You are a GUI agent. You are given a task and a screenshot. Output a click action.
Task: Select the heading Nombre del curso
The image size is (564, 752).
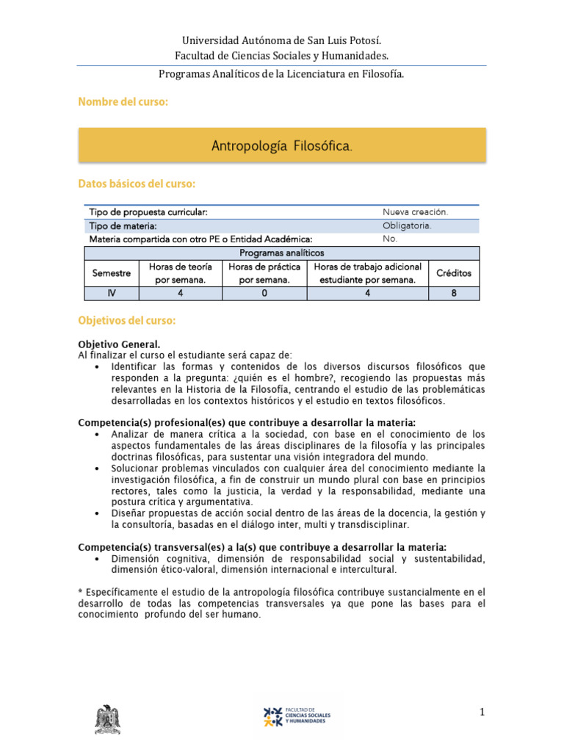(123, 102)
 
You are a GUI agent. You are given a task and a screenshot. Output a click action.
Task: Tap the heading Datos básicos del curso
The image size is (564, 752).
(137, 183)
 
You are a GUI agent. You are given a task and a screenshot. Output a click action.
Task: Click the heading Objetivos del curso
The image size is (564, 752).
(126, 321)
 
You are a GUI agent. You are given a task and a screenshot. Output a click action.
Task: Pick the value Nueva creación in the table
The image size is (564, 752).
(415, 212)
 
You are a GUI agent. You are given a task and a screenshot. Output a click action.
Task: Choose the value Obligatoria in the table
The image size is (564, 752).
(407, 225)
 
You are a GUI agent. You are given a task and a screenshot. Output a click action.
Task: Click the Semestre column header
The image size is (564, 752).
(112, 273)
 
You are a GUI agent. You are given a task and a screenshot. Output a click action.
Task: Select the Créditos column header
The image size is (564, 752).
(454, 273)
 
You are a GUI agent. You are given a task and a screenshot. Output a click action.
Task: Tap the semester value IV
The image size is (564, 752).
(112, 293)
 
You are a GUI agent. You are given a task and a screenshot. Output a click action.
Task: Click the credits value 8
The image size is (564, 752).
(454, 293)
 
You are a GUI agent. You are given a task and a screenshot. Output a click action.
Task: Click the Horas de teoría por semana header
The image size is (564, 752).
(180, 273)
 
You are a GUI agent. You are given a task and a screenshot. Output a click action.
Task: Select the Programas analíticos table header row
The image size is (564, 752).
(282, 253)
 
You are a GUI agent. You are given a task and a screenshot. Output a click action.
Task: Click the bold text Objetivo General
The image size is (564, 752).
(118, 344)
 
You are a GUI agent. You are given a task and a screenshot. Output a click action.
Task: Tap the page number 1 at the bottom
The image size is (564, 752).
(482, 712)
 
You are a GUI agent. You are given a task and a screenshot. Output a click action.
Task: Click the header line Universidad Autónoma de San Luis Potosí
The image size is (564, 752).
(282, 40)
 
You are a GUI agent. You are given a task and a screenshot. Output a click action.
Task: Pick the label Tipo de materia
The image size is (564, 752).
(123, 226)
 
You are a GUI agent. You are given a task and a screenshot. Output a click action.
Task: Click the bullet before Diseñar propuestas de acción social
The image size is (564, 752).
(98, 513)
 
